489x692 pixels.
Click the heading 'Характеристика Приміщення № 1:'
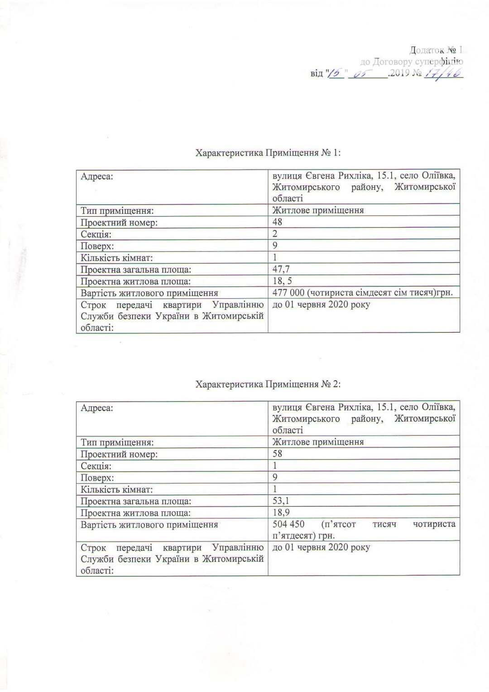pyautogui.click(x=268, y=153)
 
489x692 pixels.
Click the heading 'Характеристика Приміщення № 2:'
pyautogui.click(x=268, y=384)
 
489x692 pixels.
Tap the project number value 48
pyautogui.click(x=278, y=222)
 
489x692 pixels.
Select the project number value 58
pyautogui.click(x=278, y=454)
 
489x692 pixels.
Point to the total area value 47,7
pyautogui.click(x=281, y=269)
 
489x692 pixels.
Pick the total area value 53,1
pyautogui.click(x=281, y=501)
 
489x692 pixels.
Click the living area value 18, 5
pyautogui.click(x=282, y=281)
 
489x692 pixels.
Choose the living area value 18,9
pyautogui.click(x=281, y=513)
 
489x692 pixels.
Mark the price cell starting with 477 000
pyautogui.click(x=362, y=293)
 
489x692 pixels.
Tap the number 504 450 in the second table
pyautogui.click(x=288, y=524)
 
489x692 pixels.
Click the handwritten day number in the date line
pyautogui.click(x=335, y=73)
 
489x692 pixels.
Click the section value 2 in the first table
pyautogui.click(x=275, y=234)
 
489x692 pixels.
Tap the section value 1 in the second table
pyautogui.click(x=275, y=465)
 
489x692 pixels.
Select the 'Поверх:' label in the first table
pyautogui.click(x=97, y=246)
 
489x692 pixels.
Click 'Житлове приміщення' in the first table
pyautogui.click(x=318, y=210)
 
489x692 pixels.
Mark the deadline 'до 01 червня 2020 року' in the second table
pyautogui.click(x=321, y=547)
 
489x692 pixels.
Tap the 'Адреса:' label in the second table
pyautogui.click(x=97, y=408)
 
